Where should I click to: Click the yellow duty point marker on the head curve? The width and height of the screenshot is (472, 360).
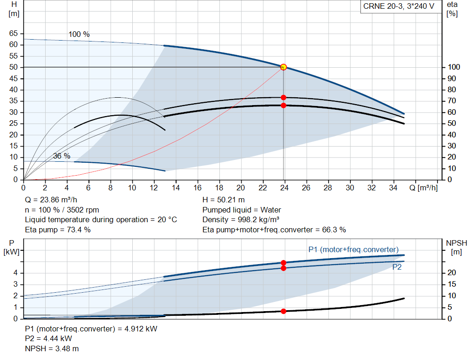coord(283,67)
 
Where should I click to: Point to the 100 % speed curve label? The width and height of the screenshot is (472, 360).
coord(79,35)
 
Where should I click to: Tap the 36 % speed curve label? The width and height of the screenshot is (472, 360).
coord(62,156)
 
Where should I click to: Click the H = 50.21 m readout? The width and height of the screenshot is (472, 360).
coord(224,200)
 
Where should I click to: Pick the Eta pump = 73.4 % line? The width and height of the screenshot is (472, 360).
coord(58,230)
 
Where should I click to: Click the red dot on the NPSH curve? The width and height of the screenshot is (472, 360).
coord(283,311)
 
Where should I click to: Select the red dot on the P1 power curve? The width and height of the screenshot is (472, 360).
coord(283,263)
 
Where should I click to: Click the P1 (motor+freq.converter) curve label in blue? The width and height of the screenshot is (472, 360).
coord(353,250)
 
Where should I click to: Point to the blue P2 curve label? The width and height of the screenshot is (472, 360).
coord(396,267)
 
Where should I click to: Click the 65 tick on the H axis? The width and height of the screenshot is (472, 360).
coord(13,34)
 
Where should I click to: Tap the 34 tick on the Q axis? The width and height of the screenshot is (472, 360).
coord(393,188)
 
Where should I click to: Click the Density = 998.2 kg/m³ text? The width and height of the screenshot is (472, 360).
coord(241,220)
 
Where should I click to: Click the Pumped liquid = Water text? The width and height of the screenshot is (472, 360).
coord(242,210)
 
